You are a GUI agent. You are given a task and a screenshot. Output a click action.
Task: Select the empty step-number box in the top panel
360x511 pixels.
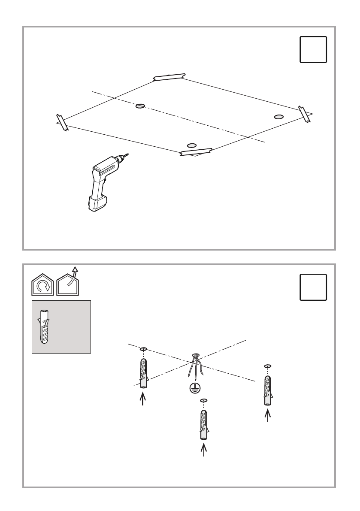pos(313,50)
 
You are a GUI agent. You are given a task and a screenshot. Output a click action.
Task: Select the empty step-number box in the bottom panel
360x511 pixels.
pos(313,287)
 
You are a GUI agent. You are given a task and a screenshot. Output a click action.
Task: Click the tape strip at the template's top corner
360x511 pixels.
pos(169,77)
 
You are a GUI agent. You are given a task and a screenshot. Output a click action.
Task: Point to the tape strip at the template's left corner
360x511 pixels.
pos(62,122)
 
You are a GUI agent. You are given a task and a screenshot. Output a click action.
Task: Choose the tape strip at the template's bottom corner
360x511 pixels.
pos(197,151)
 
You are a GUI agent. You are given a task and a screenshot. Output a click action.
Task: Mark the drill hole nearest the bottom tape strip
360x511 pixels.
pos(192,145)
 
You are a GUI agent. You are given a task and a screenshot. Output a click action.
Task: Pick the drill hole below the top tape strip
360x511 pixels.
pos(140,106)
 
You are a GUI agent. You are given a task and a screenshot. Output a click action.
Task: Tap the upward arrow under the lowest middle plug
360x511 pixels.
pos(204,450)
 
